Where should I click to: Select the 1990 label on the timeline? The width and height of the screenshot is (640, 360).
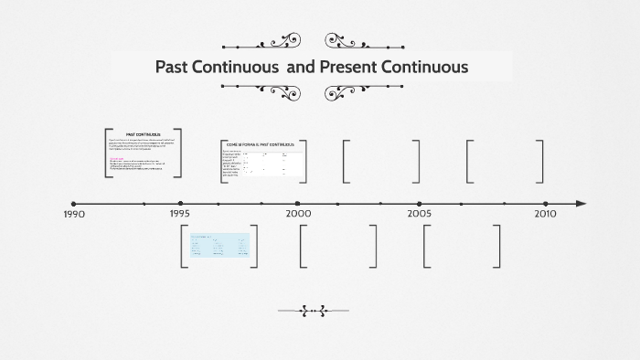click(74, 215)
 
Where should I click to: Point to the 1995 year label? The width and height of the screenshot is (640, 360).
click(179, 214)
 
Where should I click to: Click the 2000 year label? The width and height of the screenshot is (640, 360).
click(298, 213)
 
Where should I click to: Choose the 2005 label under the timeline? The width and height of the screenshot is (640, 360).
click(420, 214)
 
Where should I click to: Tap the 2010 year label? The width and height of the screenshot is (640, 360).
click(545, 214)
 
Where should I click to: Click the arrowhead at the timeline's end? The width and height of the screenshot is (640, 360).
click(581, 204)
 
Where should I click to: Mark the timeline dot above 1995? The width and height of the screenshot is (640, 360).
click(180, 204)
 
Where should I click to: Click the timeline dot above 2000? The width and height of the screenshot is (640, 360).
click(297, 204)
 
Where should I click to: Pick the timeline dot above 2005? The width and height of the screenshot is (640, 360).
click(420, 204)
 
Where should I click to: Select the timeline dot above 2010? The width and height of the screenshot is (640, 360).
click(546, 204)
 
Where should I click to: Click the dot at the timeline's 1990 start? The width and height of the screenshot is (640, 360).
click(74, 204)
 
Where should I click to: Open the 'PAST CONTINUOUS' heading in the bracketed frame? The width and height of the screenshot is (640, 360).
click(143, 134)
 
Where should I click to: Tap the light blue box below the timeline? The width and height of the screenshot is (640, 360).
click(219, 245)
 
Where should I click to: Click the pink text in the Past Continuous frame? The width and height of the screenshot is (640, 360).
click(116, 156)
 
